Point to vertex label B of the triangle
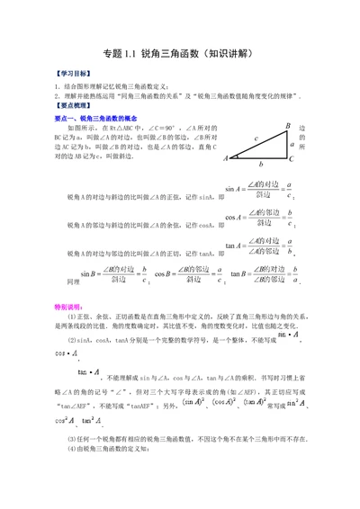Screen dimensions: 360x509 click(x=287, y=126)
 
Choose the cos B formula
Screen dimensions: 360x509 click(x=187, y=274)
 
